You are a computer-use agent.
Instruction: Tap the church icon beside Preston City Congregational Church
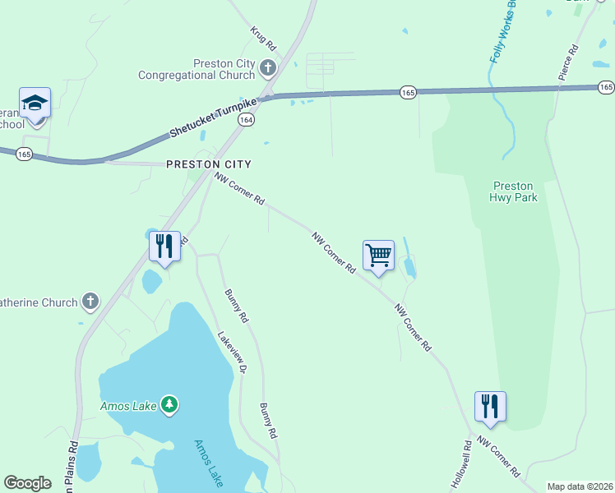point(267,68)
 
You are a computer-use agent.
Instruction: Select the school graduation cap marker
point(35,104)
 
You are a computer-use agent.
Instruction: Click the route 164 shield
point(245,120)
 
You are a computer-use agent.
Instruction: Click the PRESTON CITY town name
point(208,164)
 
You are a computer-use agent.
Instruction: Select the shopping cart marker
point(378,255)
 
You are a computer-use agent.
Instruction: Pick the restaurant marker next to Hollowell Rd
point(490,407)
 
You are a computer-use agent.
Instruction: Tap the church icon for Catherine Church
point(90,302)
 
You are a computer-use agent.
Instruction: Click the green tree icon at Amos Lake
point(169,403)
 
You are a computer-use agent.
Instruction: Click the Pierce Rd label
point(568,62)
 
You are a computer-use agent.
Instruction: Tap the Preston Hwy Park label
point(513,191)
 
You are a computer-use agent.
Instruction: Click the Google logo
point(28,483)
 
